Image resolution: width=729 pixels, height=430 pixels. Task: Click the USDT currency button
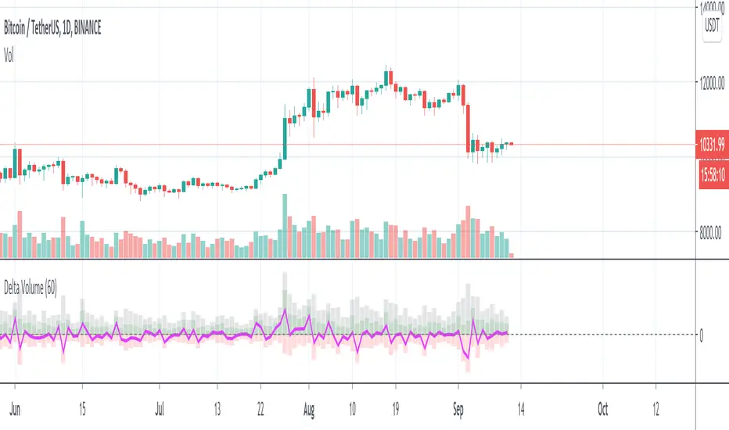(712, 27)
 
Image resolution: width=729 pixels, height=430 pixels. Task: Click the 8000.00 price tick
(713, 232)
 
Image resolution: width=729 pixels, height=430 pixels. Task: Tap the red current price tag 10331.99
(712, 144)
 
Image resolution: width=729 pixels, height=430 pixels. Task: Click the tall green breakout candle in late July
(285, 138)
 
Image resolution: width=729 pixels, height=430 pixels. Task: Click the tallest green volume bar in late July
(285, 226)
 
